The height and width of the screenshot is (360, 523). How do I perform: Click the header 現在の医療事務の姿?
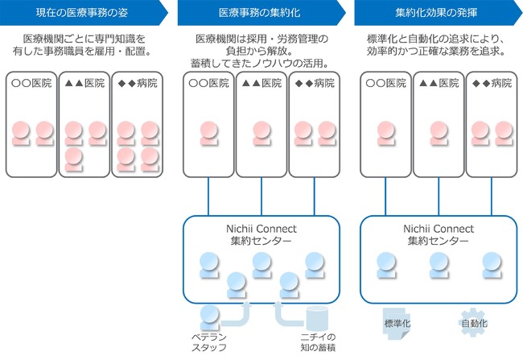tap(82, 13)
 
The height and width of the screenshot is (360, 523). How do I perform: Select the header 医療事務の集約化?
tap(260, 13)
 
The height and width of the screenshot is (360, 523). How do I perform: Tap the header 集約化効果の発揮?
tap(436, 13)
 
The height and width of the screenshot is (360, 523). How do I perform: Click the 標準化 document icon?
tap(397, 323)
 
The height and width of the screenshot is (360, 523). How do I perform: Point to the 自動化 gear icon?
tap(474, 323)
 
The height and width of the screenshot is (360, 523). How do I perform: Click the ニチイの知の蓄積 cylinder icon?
tap(317, 317)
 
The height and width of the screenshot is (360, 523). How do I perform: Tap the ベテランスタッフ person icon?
tap(209, 317)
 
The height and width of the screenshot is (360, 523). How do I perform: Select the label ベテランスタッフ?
tap(209, 342)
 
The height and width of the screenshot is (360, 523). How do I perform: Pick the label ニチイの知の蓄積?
tap(318, 342)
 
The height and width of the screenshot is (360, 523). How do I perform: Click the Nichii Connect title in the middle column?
tap(261, 229)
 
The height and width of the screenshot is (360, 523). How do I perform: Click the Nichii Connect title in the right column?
tap(439, 229)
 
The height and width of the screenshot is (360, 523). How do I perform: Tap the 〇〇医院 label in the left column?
tap(31, 83)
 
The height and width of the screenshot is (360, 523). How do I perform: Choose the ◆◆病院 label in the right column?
tap(492, 83)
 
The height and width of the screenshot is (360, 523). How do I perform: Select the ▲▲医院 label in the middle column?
tap(261, 83)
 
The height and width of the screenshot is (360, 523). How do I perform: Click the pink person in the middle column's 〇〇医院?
tap(209, 133)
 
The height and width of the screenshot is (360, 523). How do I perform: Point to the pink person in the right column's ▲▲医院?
tap(439, 133)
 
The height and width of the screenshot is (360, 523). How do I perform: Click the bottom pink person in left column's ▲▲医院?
tap(74, 159)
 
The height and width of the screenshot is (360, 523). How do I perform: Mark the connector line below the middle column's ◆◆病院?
tap(314, 197)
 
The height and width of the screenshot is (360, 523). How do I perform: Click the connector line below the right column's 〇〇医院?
tap(385, 197)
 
